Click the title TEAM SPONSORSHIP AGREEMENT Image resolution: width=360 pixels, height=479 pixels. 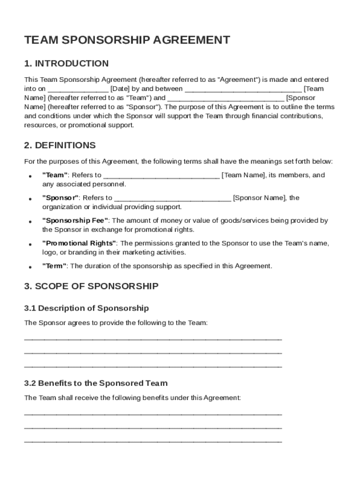pyautogui.click(x=127, y=40)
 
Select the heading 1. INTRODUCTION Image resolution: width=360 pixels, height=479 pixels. pyautogui.click(x=66, y=64)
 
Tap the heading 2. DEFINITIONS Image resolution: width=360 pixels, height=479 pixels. pyautogui.click(x=60, y=145)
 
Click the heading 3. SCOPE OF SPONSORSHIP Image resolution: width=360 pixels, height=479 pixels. pyautogui.click(x=91, y=286)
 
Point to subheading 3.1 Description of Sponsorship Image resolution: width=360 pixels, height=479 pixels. pyautogui.click(x=86, y=308)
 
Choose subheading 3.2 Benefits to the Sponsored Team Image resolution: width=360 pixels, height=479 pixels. pyautogui.click(x=95, y=384)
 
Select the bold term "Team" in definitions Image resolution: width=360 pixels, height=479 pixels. pyautogui.click(x=55, y=175)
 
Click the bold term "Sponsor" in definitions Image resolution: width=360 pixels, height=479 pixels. pyautogui.click(x=61, y=198)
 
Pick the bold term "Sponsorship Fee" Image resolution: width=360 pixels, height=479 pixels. pyautogui.click(x=75, y=220)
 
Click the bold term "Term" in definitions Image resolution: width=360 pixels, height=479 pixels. pyautogui.click(x=55, y=266)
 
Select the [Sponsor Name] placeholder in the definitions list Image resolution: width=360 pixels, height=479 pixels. pyautogui.click(x=259, y=198)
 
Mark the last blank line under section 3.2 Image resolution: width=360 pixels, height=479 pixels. pyautogui.click(x=152, y=442)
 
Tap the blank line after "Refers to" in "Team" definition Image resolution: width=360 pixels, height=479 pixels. pyautogui.click(x=161, y=177)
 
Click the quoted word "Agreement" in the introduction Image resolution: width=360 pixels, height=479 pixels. pyautogui.click(x=238, y=80)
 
